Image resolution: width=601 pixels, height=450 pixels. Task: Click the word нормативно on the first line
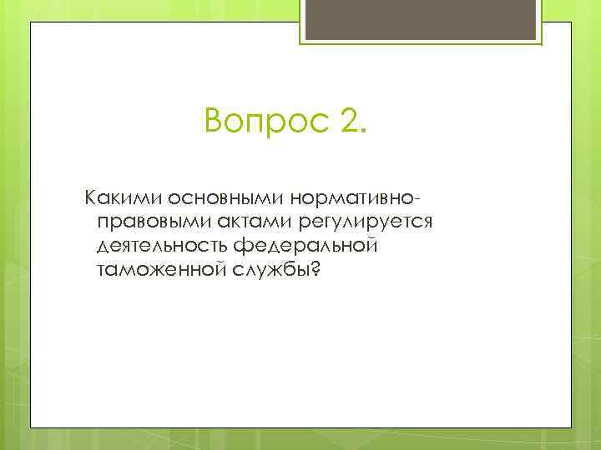(x=351, y=200)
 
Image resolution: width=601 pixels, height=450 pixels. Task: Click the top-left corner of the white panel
(x=31, y=23)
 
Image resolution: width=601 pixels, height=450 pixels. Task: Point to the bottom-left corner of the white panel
(x=31, y=427)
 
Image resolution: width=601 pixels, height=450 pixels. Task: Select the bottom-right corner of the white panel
(x=571, y=427)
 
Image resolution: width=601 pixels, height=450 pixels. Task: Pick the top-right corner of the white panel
(x=571, y=23)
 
